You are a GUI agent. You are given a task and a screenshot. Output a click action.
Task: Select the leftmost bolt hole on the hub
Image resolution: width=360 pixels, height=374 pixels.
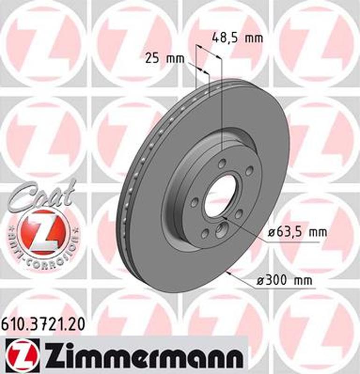pyautogui.click(x=194, y=201)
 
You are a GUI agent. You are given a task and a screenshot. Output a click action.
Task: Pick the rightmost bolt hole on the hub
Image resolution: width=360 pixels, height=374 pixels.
pyautogui.click(x=249, y=170)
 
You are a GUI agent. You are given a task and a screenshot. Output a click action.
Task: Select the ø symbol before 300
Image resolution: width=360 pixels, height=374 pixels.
pyautogui.click(x=261, y=281)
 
